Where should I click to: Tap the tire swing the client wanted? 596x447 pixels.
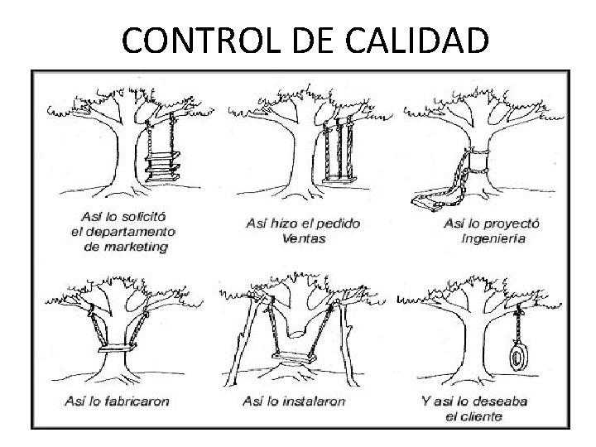click(517, 358)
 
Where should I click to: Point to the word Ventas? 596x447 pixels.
click(304, 238)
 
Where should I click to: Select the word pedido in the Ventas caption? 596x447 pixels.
click(339, 223)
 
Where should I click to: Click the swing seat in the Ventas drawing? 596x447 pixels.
click(336, 177)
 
